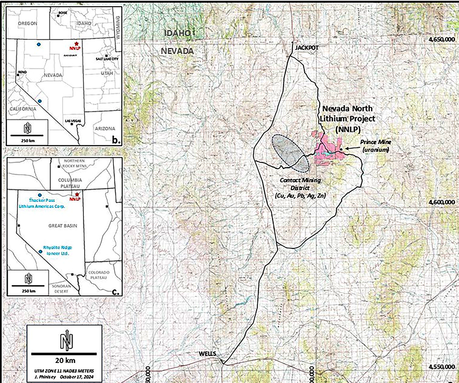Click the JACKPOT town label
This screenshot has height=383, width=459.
(x=307, y=47)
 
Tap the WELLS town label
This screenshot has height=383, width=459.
(x=207, y=354)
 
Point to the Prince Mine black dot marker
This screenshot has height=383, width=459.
(x=341, y=149)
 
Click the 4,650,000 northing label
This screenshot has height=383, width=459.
(x=441, y=40)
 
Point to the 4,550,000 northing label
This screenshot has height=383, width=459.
(x=441, y=367)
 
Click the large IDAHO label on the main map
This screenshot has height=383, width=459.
(x=177, y=33)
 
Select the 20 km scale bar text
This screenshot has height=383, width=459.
(x=65, y=360)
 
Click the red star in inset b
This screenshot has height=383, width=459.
(x=76, y=43)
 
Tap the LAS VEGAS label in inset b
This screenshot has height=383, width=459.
(x=73, y=121)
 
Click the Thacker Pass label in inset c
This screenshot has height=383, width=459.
(x=42, y=200)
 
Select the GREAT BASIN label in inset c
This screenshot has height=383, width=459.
(x=63, y=226)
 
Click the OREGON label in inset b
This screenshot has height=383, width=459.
(x=27, y=23)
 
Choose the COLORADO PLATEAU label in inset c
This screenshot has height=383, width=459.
(x=99, y=275)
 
